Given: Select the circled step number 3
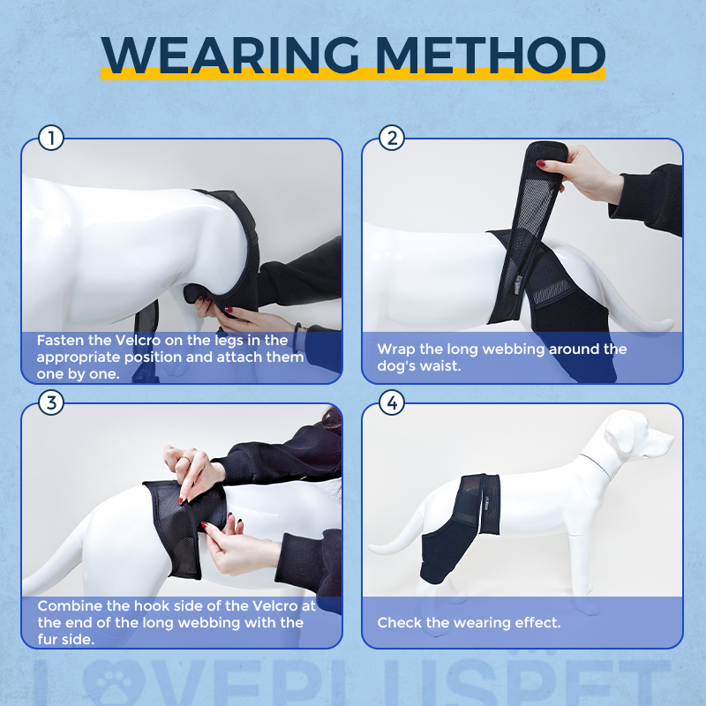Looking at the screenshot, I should [x=52, y=403].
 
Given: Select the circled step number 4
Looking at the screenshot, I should [x=391, y=403].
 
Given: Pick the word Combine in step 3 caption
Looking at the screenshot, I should [x=66, y=606].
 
